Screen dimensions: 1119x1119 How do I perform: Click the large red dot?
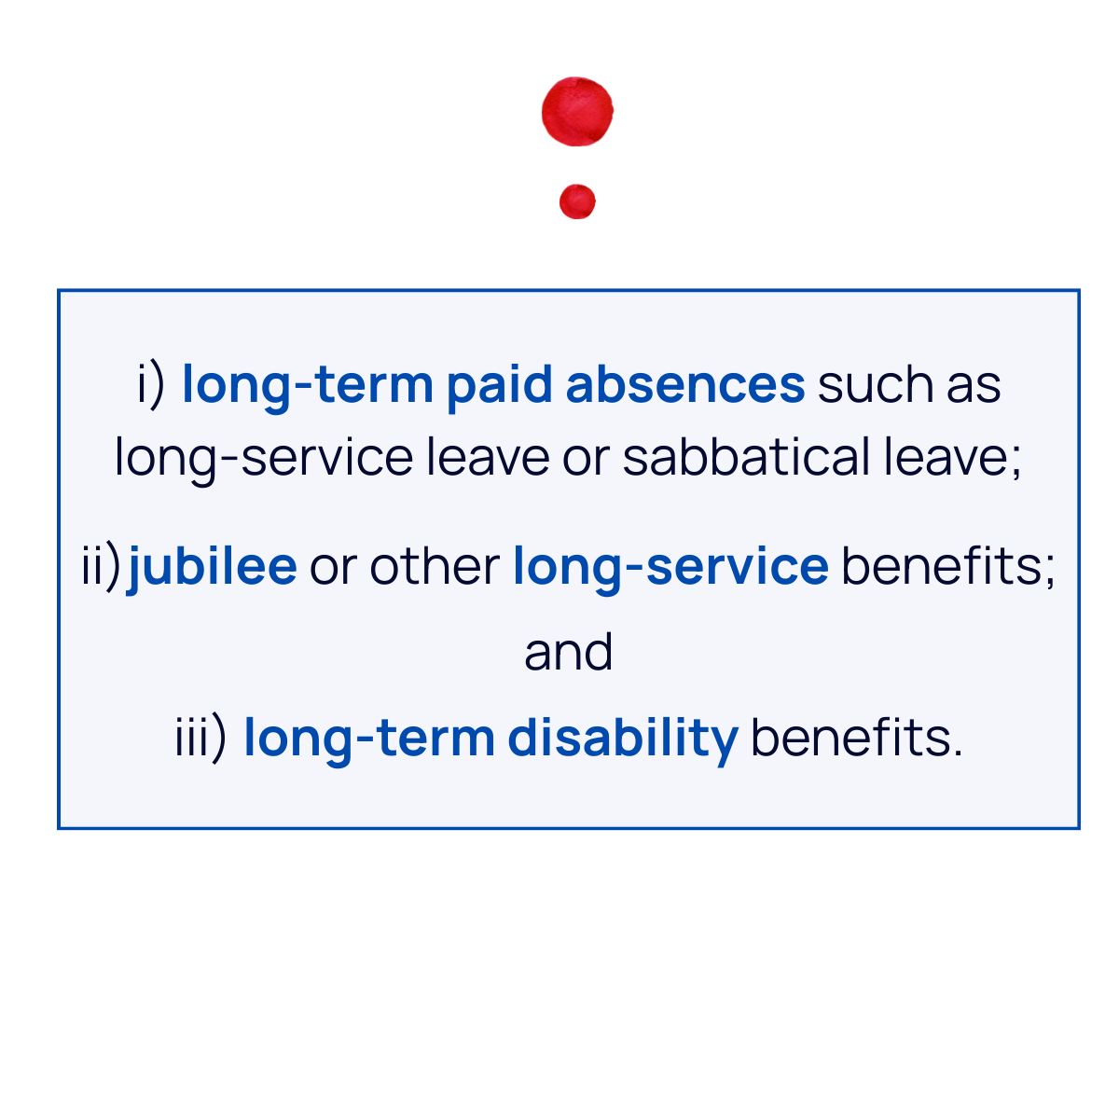pos(577,112)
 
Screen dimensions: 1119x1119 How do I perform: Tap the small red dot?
pos(577,201)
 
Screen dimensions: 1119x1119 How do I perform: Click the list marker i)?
pos(151,384)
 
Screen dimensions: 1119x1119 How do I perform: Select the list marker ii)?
pos(102,566)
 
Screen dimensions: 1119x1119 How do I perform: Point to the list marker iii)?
pos(200,738)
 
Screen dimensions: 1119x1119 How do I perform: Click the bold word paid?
pos(499,384)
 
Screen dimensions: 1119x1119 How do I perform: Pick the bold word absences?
pos(684,384)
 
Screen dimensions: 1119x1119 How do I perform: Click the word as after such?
pos(974,384)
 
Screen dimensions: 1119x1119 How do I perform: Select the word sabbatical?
pos(747,458)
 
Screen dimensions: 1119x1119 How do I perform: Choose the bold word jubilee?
pos(213,566)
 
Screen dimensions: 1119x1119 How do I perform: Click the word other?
pos(435,566)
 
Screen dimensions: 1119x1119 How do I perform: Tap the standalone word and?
pos(568,652)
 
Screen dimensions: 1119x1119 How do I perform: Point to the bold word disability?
pos(622,738)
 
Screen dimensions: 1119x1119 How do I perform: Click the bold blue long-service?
pos(670,566)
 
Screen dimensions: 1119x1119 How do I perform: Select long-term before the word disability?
pos(368,738)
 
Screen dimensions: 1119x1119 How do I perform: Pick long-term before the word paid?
pos(308,384)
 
